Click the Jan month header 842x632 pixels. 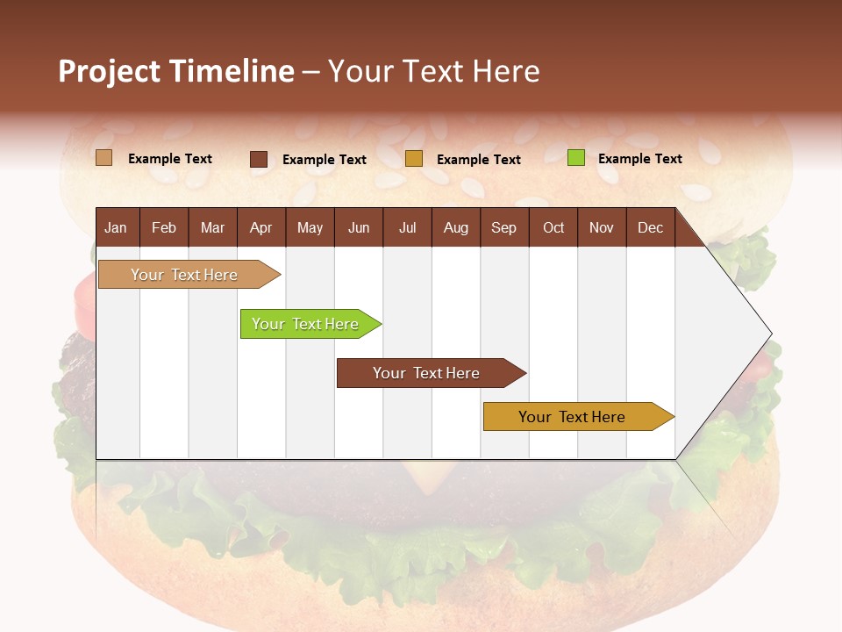pyautogui.click(x=116, y=227)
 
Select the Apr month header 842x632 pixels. pyautogui.click(x=260, y=227)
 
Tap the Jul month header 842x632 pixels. pyautogui.click(x=407, y=227)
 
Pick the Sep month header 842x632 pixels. pyautogui.click(x=503, y=227)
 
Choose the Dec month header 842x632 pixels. pyautogui.click(x=650, y=227)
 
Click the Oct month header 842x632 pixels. pyautogui.click(x=553, y=227)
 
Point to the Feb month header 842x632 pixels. pyautogui.click(x=164, y=227)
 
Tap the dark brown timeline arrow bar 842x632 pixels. pyautogui.click(x=427, y=373)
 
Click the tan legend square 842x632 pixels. pyautogui.click(x=103, y=158)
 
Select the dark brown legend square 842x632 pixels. pyautogui.click(x=259, y=159)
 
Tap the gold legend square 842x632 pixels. pyautogui.click(x=414, y=159)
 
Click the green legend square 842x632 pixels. pyautogui.click(x=575, y=158)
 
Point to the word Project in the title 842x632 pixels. pyautogui.click(x=108, y=71)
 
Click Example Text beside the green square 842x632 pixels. pyautogui.click(x=639, y=159)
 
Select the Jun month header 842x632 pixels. pyautogui.click(x=358, y=227)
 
